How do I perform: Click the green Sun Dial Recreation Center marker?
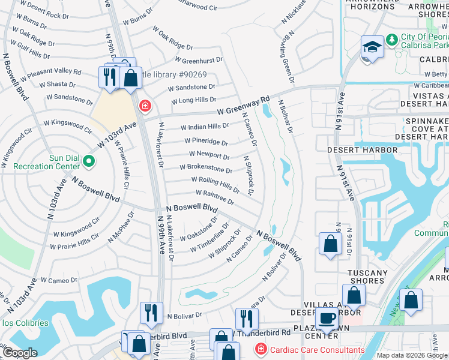click(89, 161)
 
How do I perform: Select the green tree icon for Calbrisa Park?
click(392, 40)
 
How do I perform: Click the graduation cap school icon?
click(372, 48)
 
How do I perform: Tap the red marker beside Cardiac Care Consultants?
click(261, 349)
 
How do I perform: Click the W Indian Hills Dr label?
click(205, 127)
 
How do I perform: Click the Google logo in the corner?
click(20, 353)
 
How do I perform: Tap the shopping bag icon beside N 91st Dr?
click(330, 244)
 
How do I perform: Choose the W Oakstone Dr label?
click(199, 230)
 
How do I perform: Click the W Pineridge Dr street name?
click(204, 142)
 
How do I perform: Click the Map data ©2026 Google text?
click(411, 355)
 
